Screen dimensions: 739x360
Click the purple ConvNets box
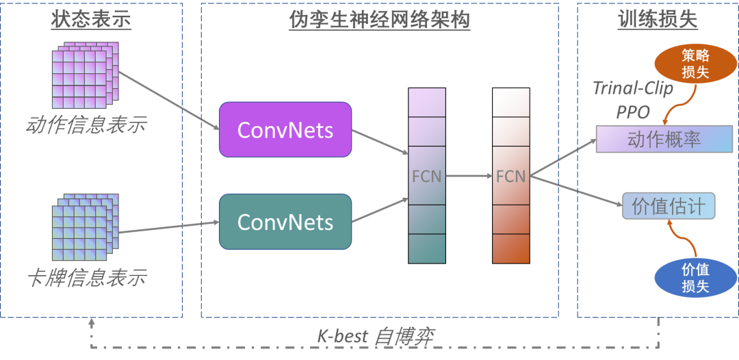pyautogui.click(x=285, y=129)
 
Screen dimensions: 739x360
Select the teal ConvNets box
pyautogui.click(x=285, y=222)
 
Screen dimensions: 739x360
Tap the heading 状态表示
pyautogui.click(x=91, y=20)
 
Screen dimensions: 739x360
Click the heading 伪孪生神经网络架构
pyautogui.click(x=379, y=20)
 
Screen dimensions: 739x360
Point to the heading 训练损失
pyautogui.click(x=658, y=20)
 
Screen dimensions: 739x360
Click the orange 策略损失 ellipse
pyautogui.click(x=695, y=63)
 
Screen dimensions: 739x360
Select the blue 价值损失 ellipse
pyautogui.click(x=695, y=278)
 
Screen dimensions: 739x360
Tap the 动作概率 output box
pyautogui.click(x=664, y=139)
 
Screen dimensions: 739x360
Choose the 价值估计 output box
pyautogui.click(x=669, y=206)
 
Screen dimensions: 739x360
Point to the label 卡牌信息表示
pyautogui.click(x=86, y=278)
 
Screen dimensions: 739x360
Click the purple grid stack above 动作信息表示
pyautogui.click(x=85, y=75)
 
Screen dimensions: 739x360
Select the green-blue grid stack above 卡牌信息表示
pyautogui.click(x=85, y=227)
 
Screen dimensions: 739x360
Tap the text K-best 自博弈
pyautogui.click(x=375, y=336)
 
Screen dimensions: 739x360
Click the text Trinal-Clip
pyautogui.click(x=632, y=88)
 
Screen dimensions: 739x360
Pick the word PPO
pyautogui.click(x=633, y=112)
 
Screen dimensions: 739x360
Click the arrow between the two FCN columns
pyautogui.click(x=469, y=176)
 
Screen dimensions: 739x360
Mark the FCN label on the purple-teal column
pyautogui.click(x=426, y=176)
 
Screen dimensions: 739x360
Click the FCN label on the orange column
pyautogui.click(x=510, y=176)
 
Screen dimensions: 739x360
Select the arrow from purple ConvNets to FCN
pyautogui.click(x=380, y=142)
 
